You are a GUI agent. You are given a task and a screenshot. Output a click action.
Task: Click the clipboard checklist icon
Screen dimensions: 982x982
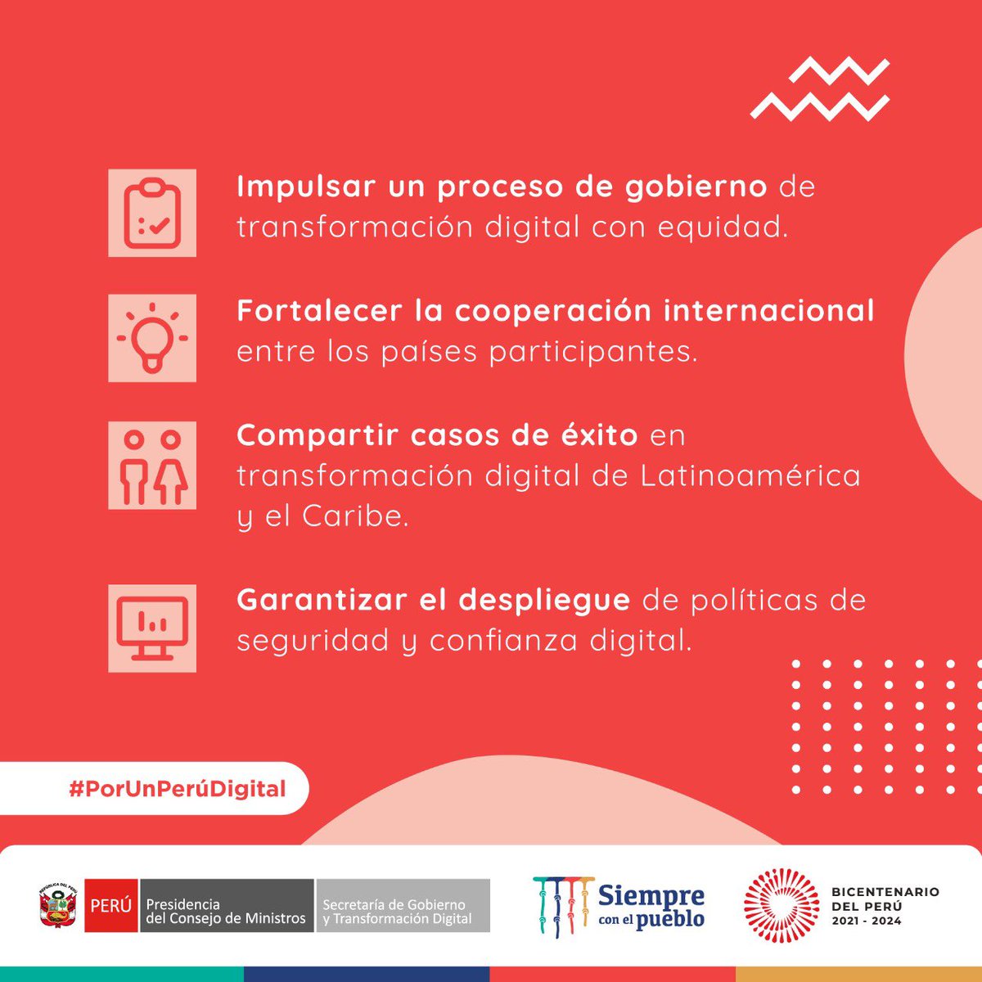tap(152, 213)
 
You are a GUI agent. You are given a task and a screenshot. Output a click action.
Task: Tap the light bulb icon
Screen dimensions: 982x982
tap(152, 338)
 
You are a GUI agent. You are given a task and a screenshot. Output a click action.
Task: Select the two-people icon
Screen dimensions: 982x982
tap(152, 465)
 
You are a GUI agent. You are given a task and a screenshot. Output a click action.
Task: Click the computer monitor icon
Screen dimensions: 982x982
tap(152, 628)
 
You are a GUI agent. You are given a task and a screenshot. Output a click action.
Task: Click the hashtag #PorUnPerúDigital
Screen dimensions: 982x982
tap(178, 789)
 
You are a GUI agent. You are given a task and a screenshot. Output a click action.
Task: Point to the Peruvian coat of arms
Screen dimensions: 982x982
tap(59, 906)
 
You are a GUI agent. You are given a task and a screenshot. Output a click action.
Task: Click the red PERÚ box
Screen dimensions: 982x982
tap(111, 906)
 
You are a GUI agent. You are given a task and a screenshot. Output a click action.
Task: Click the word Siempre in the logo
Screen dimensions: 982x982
tap(651, 894)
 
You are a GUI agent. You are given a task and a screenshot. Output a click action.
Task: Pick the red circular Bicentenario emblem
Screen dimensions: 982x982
tap(781, 905)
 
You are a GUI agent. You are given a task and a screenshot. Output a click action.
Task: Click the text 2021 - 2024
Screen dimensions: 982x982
tap(866, 921)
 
